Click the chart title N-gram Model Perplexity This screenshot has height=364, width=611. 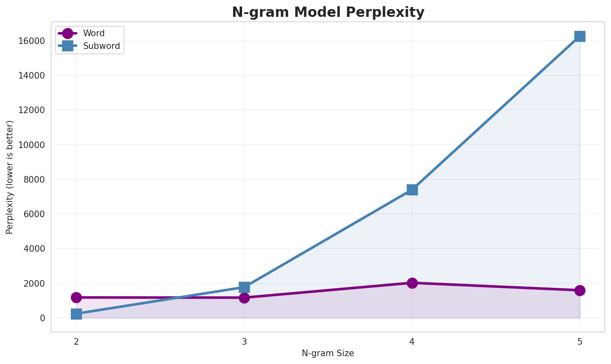click(x=328, y=12)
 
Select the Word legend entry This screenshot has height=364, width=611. click(x=93, y=33)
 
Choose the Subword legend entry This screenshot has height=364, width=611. click(x=101, y=46)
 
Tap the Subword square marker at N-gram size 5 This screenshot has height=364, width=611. click(x=580, y=36)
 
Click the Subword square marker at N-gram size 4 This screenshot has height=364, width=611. click(x=412, y=190)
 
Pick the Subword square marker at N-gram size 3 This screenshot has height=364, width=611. click(x=244, y=287)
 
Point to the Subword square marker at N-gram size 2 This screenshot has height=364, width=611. click(x=76, y=314)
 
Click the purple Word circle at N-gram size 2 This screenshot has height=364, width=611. click(x=76, y=297)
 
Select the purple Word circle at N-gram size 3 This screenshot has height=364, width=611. click(x=244, y=298)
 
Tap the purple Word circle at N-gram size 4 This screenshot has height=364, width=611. click(x=412, y=283)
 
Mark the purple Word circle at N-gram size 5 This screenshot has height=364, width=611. click(x=580, y=290)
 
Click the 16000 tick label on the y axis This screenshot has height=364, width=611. click(x=31, y=41)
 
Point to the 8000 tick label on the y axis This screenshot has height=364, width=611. click(x=34, y=180)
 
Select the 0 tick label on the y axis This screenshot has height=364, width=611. click(x=42, y=318)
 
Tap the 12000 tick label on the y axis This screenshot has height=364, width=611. click(x=31, y=110)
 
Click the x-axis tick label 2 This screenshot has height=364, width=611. click(x=76, y=341)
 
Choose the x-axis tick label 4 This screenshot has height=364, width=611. click(x=412, y=341)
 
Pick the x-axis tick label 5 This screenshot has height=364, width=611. click(x=580, y=341)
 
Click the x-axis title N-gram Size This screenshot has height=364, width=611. click(x=328, y=353)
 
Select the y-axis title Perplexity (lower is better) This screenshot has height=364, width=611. click(x=10, y=177)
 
